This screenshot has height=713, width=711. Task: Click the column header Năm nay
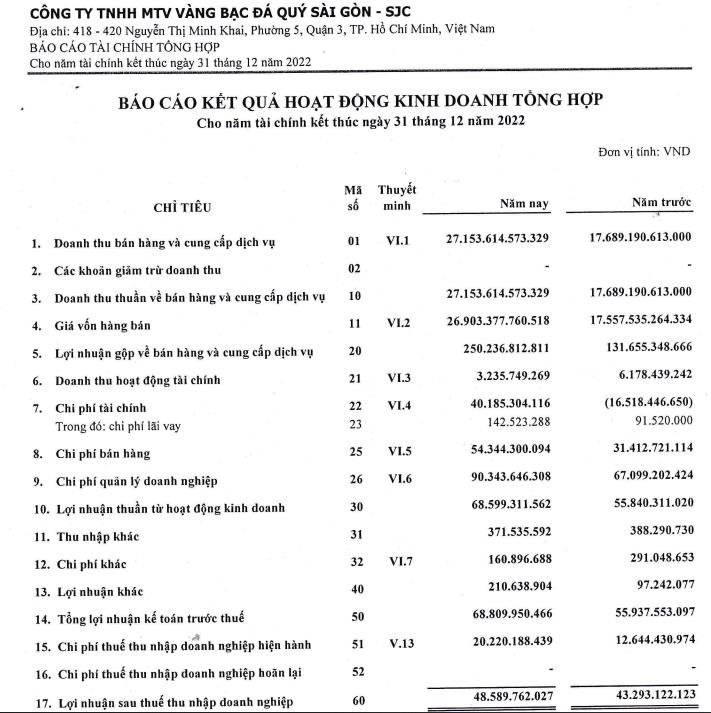[x=525, y=204]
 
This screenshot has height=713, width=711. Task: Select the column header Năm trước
[x=661, y=204]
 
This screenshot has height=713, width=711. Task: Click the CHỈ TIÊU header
[x=181, y=207]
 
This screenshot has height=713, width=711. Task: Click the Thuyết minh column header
[x=398, y=197]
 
